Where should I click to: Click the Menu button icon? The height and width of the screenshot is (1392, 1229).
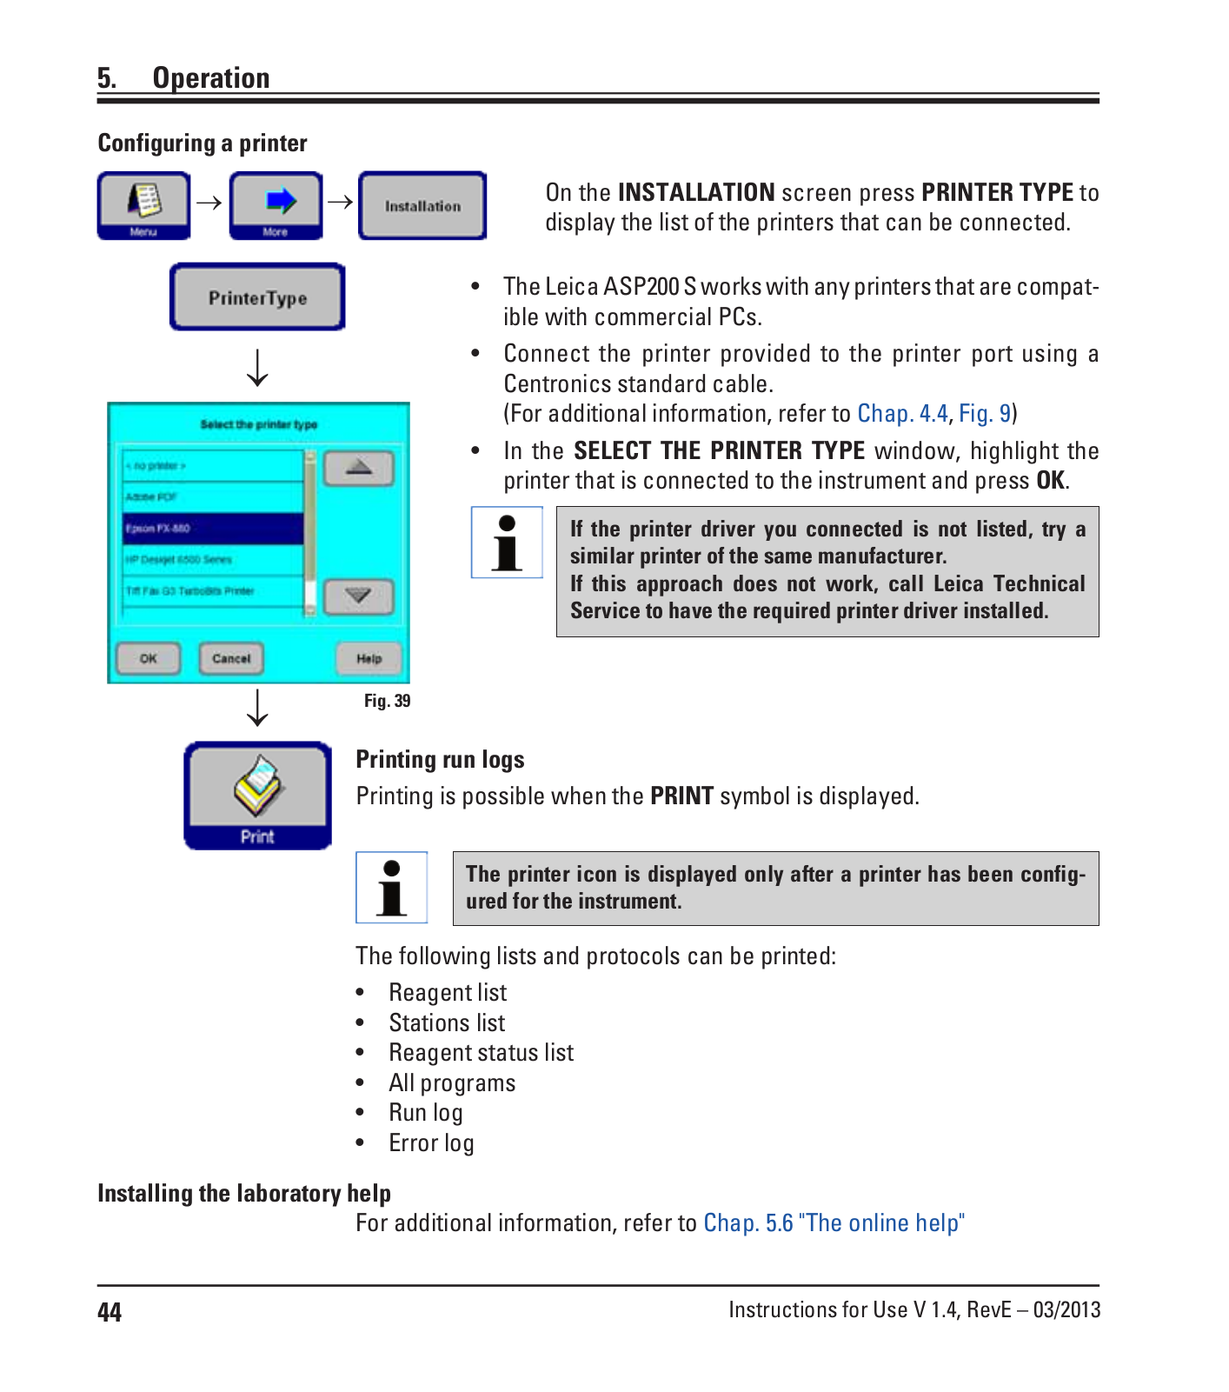click(143, 205)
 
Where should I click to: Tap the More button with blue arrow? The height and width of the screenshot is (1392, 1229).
click(276, 205)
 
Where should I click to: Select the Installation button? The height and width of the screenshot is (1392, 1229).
click(422, 206)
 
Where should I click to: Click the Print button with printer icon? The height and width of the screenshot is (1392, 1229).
click(257, 796)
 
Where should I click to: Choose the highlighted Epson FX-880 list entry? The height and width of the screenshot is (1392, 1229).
click(213, 529)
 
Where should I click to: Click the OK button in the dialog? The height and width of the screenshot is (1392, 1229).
click(149, 659)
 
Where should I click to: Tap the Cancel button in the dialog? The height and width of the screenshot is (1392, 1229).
click(231, 659)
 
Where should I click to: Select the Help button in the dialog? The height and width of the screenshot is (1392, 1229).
click(369, 659)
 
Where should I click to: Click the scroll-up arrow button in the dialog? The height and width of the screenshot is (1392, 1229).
click(359, 469)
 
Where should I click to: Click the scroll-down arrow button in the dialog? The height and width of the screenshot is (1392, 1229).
click(359, 596)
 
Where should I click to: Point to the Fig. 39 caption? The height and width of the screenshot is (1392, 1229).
click(387, 701)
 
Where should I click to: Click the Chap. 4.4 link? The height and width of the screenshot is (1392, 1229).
click(902, 414)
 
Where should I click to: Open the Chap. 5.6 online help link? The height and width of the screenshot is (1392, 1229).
click(834, 1223)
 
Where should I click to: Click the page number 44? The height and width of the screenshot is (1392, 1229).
click(110, 1312)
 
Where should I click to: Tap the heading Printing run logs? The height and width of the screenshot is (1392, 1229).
click(440, 760)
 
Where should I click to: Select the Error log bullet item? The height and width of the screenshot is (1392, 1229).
click(431, 1143)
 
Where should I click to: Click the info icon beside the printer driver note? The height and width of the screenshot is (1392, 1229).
click(507, 543)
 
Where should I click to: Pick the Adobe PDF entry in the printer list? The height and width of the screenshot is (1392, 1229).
click(213, 497)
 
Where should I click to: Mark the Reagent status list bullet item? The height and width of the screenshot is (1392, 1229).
click(481, 1053)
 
